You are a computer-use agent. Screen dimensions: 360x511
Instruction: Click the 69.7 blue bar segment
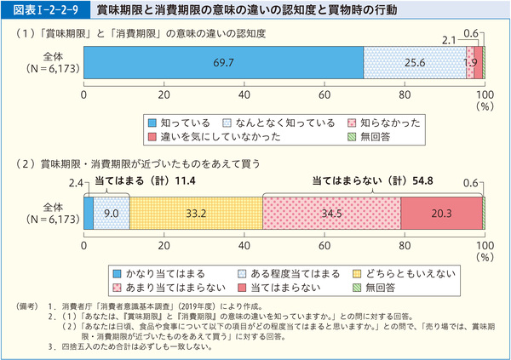point(223,62)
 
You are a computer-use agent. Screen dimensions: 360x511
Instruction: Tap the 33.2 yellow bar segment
point(196,213)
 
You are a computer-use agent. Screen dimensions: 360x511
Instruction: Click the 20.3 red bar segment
point(441,213)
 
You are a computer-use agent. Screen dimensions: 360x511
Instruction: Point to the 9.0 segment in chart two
point(111,213)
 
